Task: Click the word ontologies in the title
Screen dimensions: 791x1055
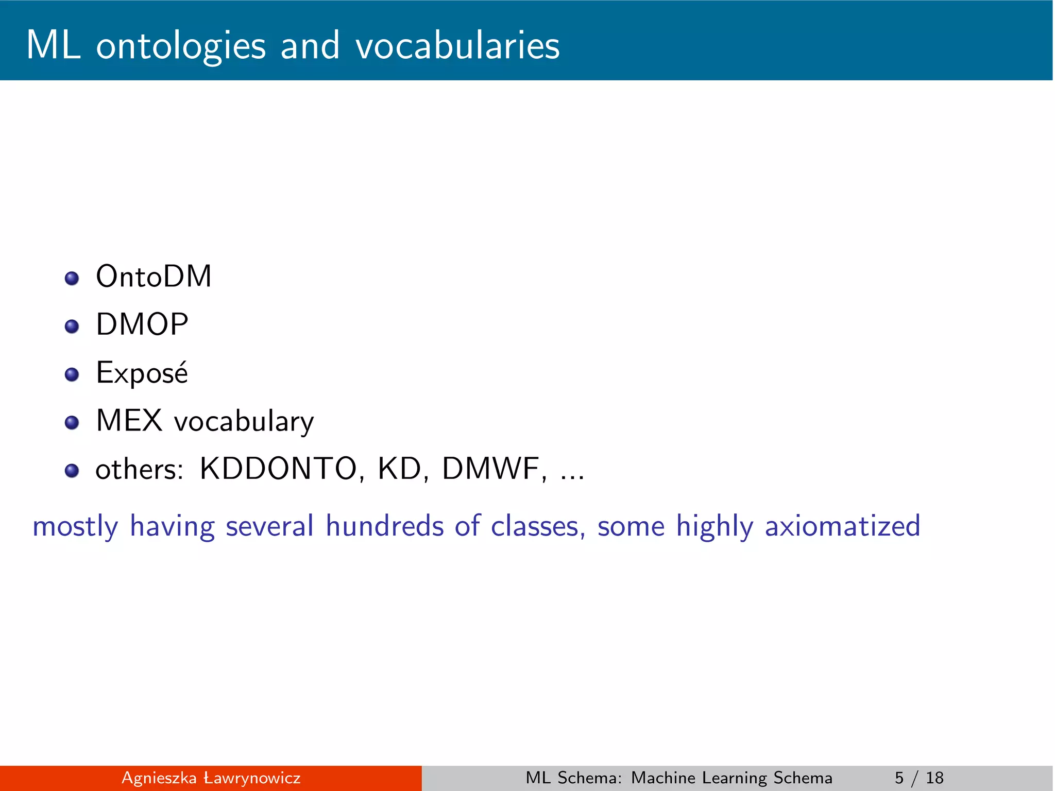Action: point(181,46)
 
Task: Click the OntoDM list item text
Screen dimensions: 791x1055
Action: point(154,277)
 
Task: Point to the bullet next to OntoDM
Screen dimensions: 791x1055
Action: point(72,279)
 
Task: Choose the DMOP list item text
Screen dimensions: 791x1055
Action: point(142,324)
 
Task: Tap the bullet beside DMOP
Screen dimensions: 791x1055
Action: point(72,326)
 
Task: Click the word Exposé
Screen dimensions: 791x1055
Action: point(142,372)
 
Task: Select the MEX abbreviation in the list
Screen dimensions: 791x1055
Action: point(129,420)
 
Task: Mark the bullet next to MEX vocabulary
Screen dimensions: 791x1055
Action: point(72,423)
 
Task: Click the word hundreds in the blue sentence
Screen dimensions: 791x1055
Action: point(384,526)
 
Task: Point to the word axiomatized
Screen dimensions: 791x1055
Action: point(842,526)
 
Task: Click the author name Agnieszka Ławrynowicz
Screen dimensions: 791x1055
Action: point(211,778)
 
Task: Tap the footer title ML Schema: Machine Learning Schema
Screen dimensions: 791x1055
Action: point(678,778)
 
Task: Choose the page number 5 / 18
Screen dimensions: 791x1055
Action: point(919,778)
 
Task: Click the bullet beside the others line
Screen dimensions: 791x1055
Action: point(72,471)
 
